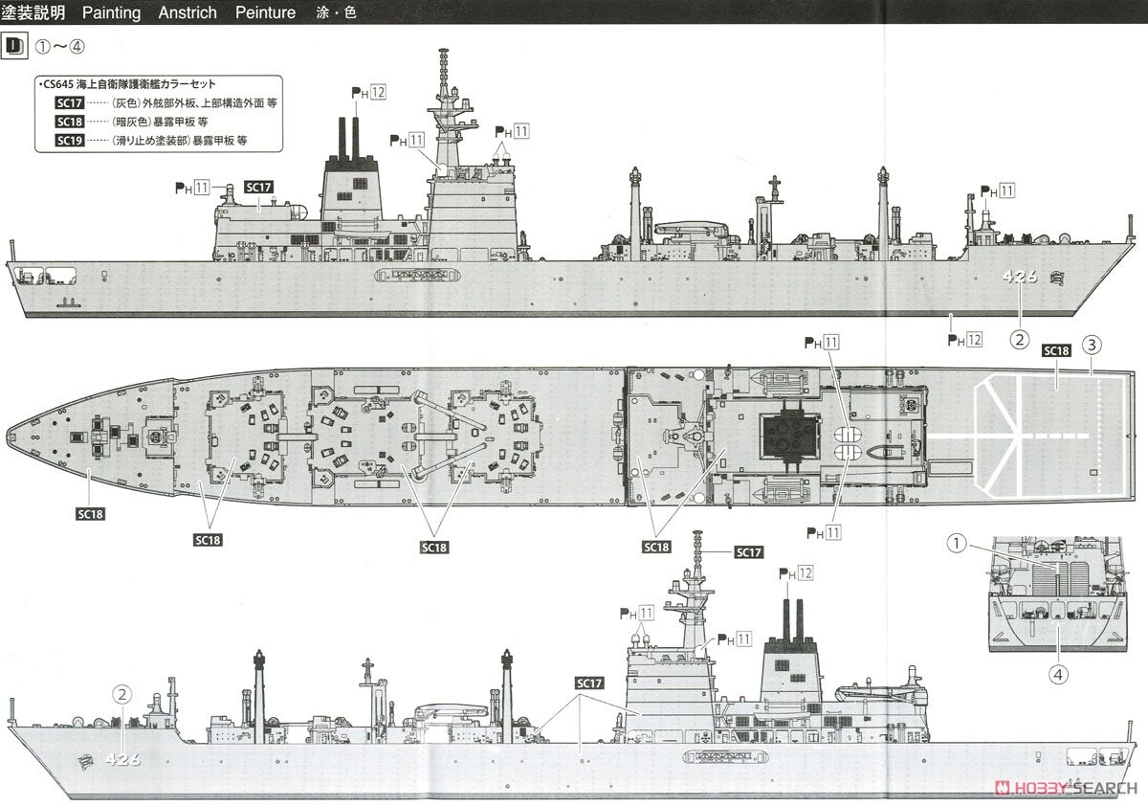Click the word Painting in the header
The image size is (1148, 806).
pos(111,12)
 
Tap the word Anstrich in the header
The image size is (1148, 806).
pos(188,12)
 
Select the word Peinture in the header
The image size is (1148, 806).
pos(266,12)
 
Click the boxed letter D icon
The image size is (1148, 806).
pos(14,47)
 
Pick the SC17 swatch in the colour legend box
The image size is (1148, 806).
pos(69,103)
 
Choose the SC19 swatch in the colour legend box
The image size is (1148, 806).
pos(69,141)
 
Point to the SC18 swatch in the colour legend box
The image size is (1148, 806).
pos(69,122)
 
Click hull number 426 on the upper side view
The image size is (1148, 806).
pos(1020,277)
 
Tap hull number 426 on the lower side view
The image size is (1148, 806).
pos(123,759)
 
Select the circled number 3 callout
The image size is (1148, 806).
pos(1092,345)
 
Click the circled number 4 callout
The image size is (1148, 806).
pos(1058,675)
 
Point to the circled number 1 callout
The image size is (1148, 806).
pos(957,543)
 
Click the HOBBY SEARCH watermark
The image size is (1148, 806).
pos(1066,788)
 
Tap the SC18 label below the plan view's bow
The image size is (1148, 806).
pos(90,514)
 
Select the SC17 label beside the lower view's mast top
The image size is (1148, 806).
pos(749,552)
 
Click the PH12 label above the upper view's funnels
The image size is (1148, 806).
pos(368,93)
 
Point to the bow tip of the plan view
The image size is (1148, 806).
pos(8,437)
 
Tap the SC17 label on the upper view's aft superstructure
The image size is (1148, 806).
pos(258,188)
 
